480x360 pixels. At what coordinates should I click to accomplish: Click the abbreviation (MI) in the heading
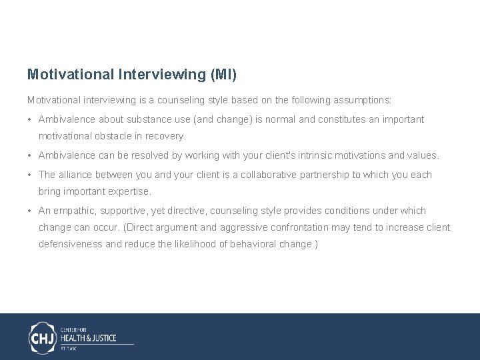[223, 74]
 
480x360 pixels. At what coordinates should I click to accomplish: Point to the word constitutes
[349, 119]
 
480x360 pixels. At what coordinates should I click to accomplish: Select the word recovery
[167, 136]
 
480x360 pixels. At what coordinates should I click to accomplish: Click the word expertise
[128, 191]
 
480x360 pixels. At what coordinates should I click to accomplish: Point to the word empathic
[73, 211]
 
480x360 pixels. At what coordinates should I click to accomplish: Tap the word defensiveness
[71, 244]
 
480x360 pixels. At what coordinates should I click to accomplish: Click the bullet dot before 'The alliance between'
[31, 175]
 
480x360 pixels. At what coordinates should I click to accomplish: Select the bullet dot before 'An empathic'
[31, 211]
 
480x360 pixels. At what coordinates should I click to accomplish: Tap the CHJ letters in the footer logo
[42, 337]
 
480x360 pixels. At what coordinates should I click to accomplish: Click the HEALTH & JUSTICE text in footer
[88, 338]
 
